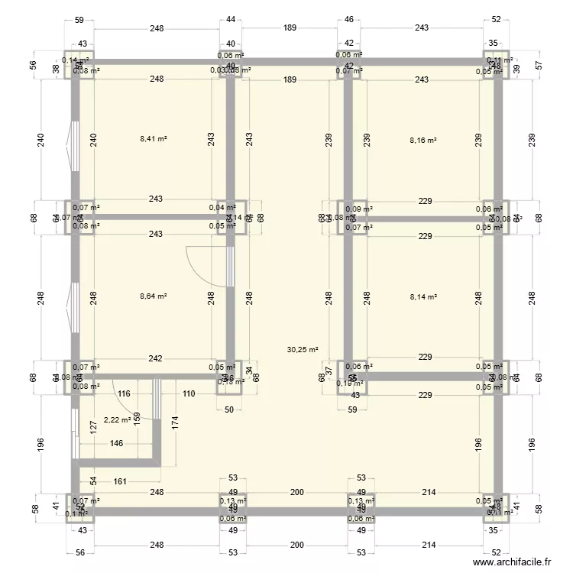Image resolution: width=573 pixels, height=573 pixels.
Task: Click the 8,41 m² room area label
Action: point(154,140)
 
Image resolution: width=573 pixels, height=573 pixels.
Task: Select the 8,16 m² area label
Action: point(422,140)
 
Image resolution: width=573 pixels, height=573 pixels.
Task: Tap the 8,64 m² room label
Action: point(154,296)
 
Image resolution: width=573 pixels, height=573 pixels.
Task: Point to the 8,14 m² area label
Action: point(422,296)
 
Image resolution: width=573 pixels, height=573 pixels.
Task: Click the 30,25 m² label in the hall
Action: point(302,350)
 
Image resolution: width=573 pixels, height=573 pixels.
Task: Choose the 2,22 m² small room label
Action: point(117,419)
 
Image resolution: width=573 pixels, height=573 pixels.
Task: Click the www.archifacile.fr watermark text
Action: point(511,561)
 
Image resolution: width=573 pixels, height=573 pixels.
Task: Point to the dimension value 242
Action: point(155,358)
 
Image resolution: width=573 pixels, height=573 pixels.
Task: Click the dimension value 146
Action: point(116,443)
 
